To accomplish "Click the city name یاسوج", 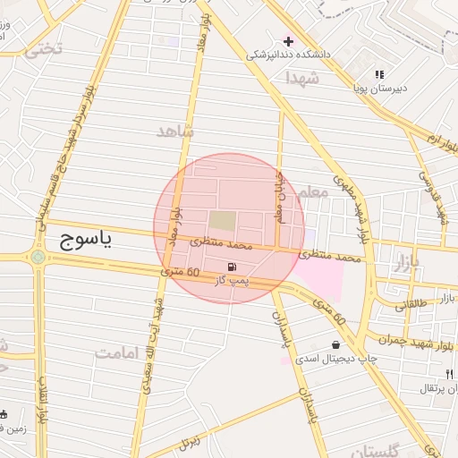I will [x=86, y=240].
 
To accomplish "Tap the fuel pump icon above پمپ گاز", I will [x=233, y=267].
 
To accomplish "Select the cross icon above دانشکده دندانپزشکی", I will [x=288, y=41].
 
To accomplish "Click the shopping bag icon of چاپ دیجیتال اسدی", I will [x=335, y=344].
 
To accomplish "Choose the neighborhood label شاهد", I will [x=175, y=131].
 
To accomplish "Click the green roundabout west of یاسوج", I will [x=37, y=258].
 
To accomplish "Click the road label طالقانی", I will [x=412, y=303].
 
